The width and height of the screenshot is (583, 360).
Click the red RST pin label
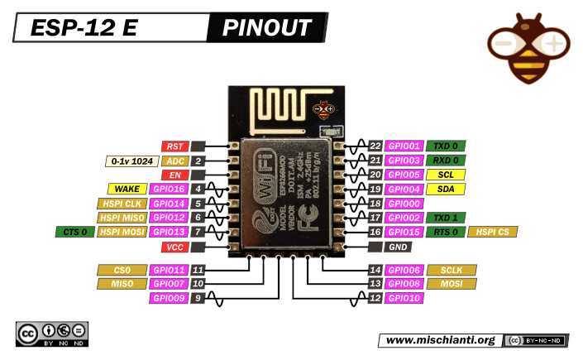(x=174, y=146)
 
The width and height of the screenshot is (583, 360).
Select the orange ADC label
(x=174, y=161)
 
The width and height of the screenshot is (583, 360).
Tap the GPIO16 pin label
(x=169, y=189)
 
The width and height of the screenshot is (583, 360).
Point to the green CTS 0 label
(x=73, y=232)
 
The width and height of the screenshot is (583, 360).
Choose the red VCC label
(x=174, y=247)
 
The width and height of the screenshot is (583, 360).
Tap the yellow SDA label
(x=446, y=189)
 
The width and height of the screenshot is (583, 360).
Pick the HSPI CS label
(x=493, y=232)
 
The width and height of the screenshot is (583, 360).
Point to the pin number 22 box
(x=375, y=146)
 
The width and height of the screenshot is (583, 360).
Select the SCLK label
(x=452, y=270)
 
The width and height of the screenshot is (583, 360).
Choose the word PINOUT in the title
(x=267, y=28)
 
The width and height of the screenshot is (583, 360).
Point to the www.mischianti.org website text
(x=440, y=340)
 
